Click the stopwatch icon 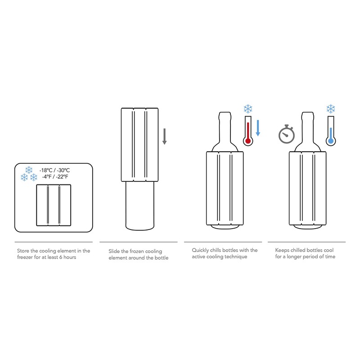pos(286,134)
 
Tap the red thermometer pos(247,130)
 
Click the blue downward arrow pos(258,127)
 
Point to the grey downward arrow pos(165,136)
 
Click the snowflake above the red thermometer pos(247,108)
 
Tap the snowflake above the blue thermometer pos(331,108)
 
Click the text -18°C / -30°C pos(54,170)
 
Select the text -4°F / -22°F pos(54,177)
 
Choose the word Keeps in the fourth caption pos(283,250)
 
